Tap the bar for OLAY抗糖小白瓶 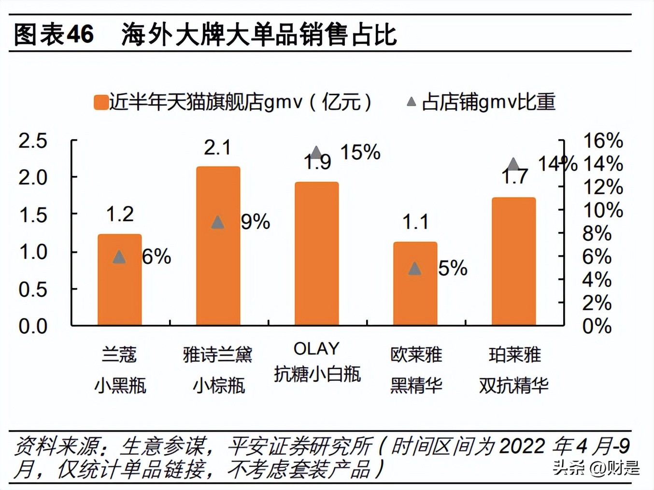316,254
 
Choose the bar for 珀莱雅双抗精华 513,261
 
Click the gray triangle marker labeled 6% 119,257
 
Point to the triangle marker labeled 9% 218,222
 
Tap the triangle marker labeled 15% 316,153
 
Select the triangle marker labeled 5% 414,269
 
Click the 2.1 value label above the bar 217,148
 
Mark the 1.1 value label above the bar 415,222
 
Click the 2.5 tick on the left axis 33,141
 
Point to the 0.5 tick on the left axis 33,289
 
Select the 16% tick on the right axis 603,141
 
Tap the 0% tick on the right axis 597,326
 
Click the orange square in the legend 101,102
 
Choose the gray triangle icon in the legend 411,102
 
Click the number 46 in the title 80,34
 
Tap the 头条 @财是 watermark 596,467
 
